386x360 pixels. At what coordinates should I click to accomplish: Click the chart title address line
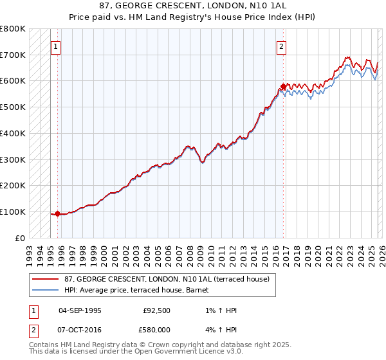(192, 6)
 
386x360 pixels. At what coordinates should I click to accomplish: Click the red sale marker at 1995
(58, 213)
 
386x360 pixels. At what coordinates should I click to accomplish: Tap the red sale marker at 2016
(283, 86)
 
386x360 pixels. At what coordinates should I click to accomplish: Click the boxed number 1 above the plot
(56, 46)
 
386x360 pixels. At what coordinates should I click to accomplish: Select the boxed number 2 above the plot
(282, 46)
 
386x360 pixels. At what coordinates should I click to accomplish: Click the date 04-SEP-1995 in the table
(80, 310)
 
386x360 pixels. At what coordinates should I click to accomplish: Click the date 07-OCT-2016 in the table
(80, 329)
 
